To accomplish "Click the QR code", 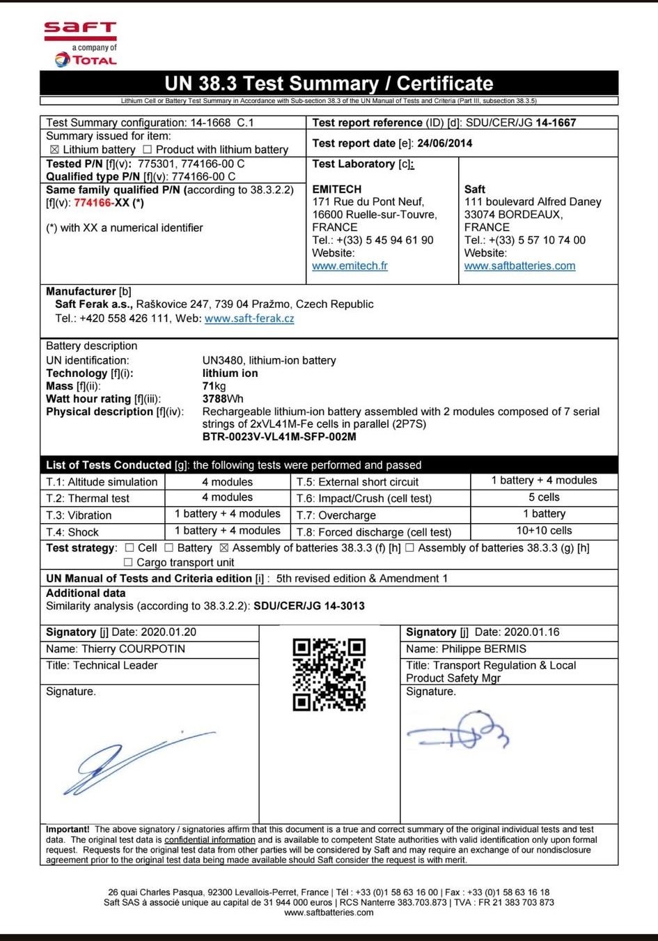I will [329, 674].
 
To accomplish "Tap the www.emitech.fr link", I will [350, 265].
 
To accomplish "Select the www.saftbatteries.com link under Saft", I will [519, 265].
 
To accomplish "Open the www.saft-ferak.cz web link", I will [249, 318].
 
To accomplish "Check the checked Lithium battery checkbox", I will [54, 150].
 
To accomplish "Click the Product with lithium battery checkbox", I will [147, 150].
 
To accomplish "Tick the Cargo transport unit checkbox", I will [128, 562].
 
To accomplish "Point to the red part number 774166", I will [93, 203].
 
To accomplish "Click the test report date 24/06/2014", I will [444, 143].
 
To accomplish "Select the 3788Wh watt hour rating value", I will [223, 399].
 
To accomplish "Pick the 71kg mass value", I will [214, 386].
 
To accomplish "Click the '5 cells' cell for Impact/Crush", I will [544, 497].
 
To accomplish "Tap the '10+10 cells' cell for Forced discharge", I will [544, 531].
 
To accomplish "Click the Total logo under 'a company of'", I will [86, 60].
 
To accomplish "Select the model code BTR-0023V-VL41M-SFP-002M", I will [279, 437].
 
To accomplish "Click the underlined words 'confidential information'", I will [210, 840].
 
